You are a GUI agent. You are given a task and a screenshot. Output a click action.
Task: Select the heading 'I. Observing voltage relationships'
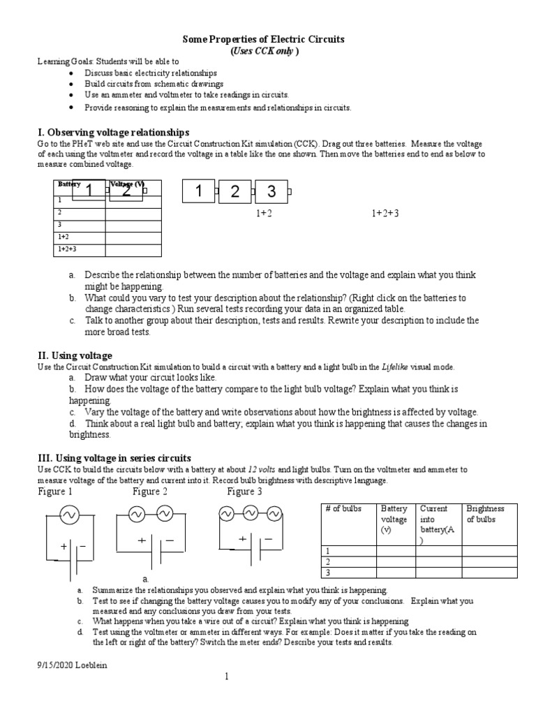pyautogui.click(x=112, y=132)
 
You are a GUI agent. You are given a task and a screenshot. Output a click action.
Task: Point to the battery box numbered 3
pyautogui.click(x=271, y=191)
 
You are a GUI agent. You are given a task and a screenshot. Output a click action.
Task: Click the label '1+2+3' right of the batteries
pyautogui.click(x=385, y=213)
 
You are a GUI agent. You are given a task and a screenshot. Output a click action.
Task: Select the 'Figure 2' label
pyautogui.click(x=150, y=492)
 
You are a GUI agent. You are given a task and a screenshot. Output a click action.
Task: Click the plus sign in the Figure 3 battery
pyautogui.click(x=242, y=538)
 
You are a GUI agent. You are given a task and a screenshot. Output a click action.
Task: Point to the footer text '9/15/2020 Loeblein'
pyautogui.click(x=73, y=665)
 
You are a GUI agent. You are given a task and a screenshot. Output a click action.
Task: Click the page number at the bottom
pyautogui.click(x=227, y=677)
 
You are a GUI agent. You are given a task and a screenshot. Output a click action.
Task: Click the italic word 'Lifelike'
pyautogui.click(x=397, y=367)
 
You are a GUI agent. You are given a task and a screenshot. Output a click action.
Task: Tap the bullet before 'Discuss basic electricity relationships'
pyautogui.click(x=74, y=73)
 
